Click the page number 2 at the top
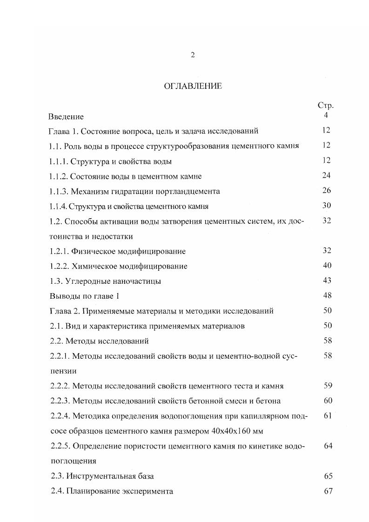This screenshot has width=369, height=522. pos(193,55)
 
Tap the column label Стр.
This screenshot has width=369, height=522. pos(326,106)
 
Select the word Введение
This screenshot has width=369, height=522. pos(66,116)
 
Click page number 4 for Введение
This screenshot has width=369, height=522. pos(326,115)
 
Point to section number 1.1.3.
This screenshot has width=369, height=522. pos(59,191)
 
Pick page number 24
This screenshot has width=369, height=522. pos(326,175)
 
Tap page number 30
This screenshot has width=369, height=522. pos(326,206)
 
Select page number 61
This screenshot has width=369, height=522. pos(327,415)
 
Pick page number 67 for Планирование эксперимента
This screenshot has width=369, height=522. pos(328,491)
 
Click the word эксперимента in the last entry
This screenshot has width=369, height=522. pos(149,491)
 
